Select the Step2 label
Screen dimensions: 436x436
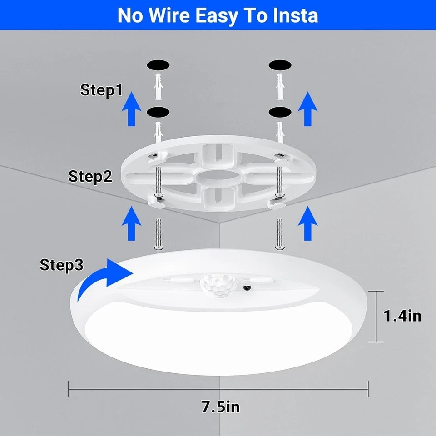[x=90, y=176]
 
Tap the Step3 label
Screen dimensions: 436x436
[x=61, y=265]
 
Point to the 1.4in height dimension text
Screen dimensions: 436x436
[x=402, y=316]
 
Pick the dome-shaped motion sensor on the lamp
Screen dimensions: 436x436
[x=218, y=286]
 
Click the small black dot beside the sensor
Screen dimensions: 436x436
[x=247, y=288]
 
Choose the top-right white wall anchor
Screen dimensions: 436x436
[x=279, y=86]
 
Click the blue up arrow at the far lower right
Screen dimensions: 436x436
[x=307, y=223]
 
